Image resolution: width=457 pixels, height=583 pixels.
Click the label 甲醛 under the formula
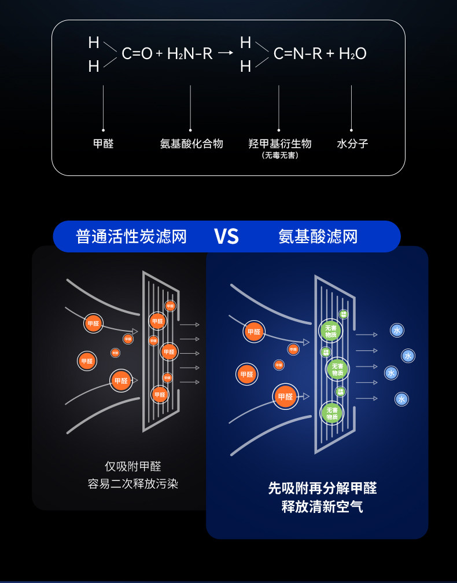coord(104,144)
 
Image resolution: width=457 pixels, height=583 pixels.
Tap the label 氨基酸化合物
coord(191,144)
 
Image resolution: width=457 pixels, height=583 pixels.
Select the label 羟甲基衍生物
coord(280,144)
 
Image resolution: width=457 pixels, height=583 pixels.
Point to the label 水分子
coord(352,144)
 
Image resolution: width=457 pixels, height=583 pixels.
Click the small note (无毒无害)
coord(280,155)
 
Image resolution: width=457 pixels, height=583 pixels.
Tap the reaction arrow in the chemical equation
coord(226,54)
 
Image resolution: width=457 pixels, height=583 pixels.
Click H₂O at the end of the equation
coord(352,54)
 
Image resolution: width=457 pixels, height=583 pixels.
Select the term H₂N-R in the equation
coord(190,54)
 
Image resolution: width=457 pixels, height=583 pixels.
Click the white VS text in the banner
coord(226,236)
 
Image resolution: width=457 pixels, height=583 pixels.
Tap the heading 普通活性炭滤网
coord(131,236)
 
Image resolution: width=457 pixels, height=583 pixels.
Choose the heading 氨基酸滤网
coord(318,236)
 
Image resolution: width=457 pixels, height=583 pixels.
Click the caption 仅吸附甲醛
coord(133,466)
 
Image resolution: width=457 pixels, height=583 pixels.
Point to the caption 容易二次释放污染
coord(133,484)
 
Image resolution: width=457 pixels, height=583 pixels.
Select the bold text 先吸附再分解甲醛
coord(322,488)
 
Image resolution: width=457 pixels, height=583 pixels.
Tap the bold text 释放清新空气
coord(322,507)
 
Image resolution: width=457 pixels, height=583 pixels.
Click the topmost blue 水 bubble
coord(397,330)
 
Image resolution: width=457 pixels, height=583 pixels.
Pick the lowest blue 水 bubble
coord(402,399)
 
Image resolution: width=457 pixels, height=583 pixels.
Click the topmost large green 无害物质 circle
coord(331,331)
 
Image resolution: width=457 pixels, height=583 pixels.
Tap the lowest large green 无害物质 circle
coord(331,413)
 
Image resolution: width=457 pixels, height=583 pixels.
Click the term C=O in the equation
coord(137,54)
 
